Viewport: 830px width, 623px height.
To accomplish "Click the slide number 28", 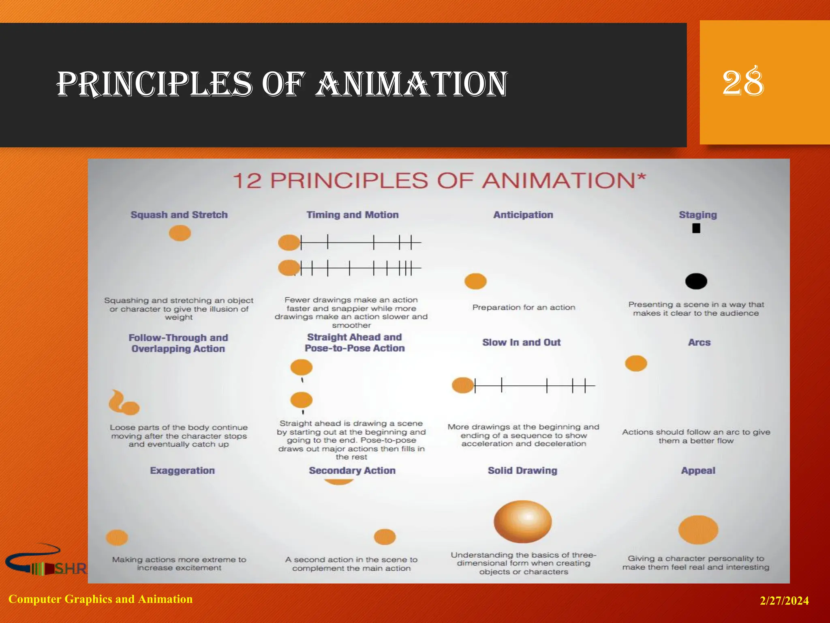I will (x=743, y=82).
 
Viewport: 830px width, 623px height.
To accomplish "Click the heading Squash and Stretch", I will (x=179, y=215).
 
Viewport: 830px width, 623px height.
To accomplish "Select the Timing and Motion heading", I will (x=352, y=215).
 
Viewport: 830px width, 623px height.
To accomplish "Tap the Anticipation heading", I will (x=523, y=215).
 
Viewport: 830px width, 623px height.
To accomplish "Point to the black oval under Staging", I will (x=696, y=281).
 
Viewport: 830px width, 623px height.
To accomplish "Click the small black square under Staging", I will (x=696, y=228).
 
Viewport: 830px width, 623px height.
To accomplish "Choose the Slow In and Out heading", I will (x=521, y=342).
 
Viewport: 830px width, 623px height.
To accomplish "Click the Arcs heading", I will (x=699, y=342).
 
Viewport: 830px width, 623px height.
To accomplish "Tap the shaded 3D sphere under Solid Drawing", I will (x=522, y=521).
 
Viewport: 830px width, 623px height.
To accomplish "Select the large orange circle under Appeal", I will (x=698, y=529).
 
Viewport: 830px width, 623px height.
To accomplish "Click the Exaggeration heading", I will (x=182, y=470).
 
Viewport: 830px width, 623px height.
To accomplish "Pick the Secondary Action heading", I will (x=352, y=470).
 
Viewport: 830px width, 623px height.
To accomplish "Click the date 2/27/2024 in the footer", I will (x=784, y=601).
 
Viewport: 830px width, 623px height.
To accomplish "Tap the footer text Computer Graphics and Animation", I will (x=101, y=599).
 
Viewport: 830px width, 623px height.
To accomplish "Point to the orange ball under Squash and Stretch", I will (x=180, y=233).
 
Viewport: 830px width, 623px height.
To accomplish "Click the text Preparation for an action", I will (x=524, y=307).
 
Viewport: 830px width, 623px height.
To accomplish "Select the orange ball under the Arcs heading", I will (x=636, y=363).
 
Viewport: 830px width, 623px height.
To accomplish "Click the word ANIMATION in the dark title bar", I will (x=411, y=84).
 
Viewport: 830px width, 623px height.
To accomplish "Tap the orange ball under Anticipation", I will (x=475, y=281).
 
